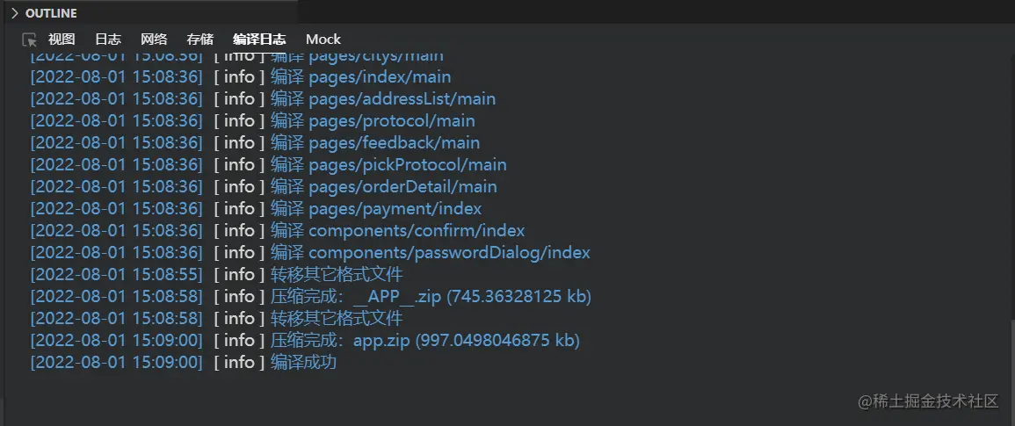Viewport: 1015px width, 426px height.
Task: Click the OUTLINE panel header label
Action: (51, 13)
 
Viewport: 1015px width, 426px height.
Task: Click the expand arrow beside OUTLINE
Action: (14, 13)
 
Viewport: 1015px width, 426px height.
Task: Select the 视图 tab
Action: (62, 39)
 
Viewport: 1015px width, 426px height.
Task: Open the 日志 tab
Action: (108, 39)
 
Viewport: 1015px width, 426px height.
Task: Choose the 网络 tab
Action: (154, 39)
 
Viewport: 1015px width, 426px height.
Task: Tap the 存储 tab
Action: (200, 39)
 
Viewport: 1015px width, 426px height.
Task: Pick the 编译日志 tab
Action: (259, 39)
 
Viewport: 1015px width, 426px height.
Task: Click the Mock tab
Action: (323, 39)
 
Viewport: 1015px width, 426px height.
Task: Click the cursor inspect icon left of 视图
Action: (30, 40)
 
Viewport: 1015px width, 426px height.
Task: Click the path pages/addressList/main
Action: (402, 98)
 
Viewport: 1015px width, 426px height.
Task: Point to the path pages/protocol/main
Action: (391, 120)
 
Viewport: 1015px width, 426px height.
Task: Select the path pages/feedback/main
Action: (394, 142)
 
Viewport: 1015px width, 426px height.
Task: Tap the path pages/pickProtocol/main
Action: (407, 164)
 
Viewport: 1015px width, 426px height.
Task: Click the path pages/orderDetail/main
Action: (402, 186)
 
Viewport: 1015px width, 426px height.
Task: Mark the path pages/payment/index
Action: (395, 208)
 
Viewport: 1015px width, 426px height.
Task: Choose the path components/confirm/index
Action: (417, 230)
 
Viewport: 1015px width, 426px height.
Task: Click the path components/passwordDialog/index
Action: (449, 252)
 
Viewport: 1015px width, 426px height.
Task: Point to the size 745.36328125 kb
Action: (518, 296)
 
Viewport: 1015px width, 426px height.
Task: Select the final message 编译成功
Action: (303, 362)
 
